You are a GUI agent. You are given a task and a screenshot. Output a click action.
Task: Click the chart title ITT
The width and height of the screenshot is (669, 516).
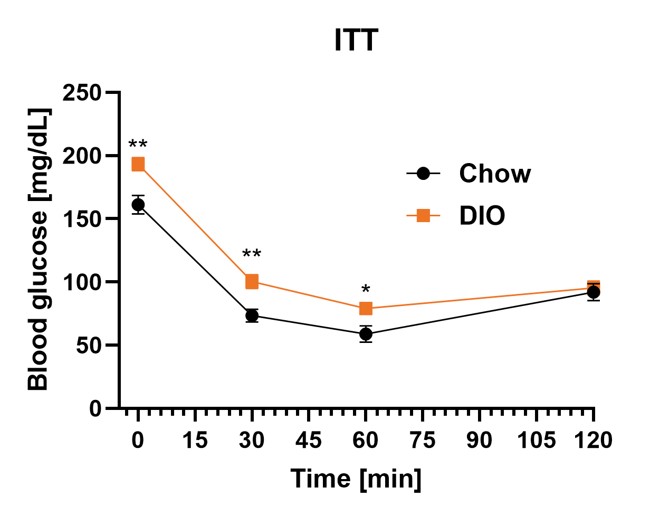coord(356,40)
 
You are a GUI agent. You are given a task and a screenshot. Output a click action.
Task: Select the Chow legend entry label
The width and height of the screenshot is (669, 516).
coord(494,174)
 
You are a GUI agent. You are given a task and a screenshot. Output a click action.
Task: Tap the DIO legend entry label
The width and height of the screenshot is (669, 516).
coord(482,216)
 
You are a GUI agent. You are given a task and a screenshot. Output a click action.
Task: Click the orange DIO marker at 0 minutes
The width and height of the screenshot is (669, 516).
coord(138,165)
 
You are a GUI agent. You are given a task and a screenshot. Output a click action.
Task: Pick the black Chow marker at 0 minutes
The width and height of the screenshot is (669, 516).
coord(138,205)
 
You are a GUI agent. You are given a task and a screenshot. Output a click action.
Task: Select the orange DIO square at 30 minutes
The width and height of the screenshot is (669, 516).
coord(252,282)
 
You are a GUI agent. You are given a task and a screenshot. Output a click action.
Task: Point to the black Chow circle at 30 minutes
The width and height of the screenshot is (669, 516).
coord(252,316)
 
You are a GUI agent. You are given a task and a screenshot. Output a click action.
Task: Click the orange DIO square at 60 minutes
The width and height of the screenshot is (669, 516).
coord(366,309)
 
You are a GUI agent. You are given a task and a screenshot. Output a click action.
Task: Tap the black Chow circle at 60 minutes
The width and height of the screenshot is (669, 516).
coord(366,334)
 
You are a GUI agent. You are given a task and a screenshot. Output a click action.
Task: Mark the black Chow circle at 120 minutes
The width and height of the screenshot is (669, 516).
coord(594,292)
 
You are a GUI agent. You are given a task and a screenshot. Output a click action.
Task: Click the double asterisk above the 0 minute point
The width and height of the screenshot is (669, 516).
coord(138,145)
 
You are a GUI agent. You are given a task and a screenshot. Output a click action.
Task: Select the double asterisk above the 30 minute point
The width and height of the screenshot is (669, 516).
coord(252,255)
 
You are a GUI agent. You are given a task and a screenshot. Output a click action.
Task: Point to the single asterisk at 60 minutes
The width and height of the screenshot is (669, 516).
coord(366,290)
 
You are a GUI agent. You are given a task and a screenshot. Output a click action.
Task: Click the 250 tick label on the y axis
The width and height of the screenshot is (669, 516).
coord(82,93)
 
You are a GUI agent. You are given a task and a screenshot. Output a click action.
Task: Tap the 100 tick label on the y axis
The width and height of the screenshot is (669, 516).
coord(82,282)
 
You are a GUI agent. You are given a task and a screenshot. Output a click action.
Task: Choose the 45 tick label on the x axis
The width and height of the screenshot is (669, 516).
coord(309,440)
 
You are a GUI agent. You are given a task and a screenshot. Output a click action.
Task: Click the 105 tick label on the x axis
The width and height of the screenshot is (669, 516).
coord(536,440)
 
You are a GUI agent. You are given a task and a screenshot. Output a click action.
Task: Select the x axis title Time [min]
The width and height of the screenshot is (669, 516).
coord(356,479)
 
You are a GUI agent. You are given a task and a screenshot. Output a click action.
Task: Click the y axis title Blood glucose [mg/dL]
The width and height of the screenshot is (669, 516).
coord(39,250)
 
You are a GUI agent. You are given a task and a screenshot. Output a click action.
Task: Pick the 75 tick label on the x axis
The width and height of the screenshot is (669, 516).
coord(423,440)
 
